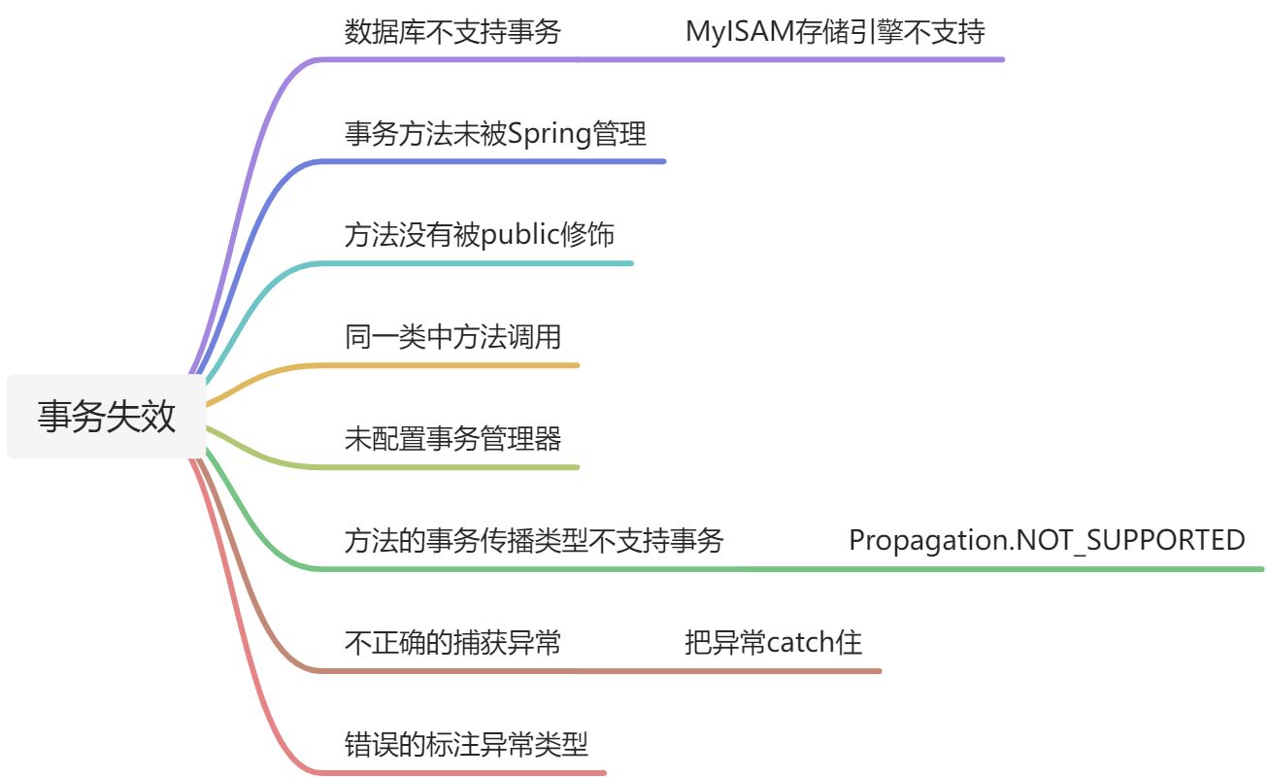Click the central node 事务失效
pyautogui.click(x=107, y=417)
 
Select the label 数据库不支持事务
pyautogui.click(x=452, y=32)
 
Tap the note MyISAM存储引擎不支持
pyautogui.click(x=835, y=32)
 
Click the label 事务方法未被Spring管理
pyautogui.click(x=495, y=134)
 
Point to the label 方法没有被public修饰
pyautogui.click(x=479, y=236)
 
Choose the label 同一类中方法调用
pyautogui.click(x=452, y=338)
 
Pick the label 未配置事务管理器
pyautogui.click(x=452, y=440)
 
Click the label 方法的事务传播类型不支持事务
pyautogui.click(x=534, y=541)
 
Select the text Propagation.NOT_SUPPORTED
pyautogui.click(x=1047, y=541)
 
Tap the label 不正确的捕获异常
pyautogui.click(x=452, y=643)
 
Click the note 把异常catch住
pyautogui.click(x=773, y=643)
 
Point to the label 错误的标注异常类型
pyautogui.click(x=466, y=745)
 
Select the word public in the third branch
pyautogui.click(x=520, y=236)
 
